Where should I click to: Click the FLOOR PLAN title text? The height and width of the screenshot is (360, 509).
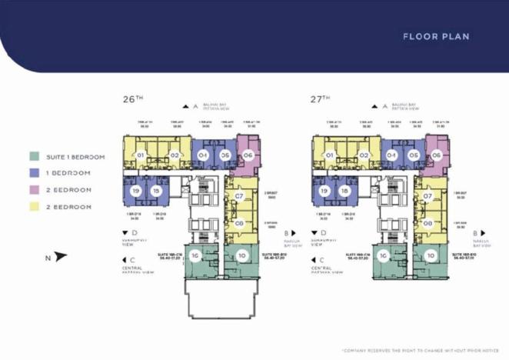[x=436, y=36]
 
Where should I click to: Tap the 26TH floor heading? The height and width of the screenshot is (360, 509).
[x=134, y=99]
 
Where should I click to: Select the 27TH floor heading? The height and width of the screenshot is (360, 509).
[x=321, y=99]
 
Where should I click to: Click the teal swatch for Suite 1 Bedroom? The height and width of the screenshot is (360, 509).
[x=34, y=157]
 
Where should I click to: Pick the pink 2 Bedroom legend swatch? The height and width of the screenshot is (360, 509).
[x=34, y=190]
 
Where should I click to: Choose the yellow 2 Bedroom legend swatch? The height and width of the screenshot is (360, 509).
[x=34, y=207]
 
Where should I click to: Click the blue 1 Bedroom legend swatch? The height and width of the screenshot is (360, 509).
[x=34, y=174]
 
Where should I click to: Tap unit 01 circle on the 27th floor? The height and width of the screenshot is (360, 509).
[x=329, y=155]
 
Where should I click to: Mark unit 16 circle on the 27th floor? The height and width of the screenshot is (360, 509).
[x=382, y=255]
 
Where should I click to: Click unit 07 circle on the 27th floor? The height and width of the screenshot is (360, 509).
[x=427, y=197]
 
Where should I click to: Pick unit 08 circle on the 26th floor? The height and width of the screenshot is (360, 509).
[x=239, y=224]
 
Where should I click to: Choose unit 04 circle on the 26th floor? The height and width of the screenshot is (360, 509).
[x=203, y=155]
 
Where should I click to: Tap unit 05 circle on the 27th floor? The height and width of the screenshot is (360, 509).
[x=413, y=155]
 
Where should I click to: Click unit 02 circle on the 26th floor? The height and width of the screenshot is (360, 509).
[x=175, y=155]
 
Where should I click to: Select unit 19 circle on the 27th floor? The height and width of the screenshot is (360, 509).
[x=324, y=191]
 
